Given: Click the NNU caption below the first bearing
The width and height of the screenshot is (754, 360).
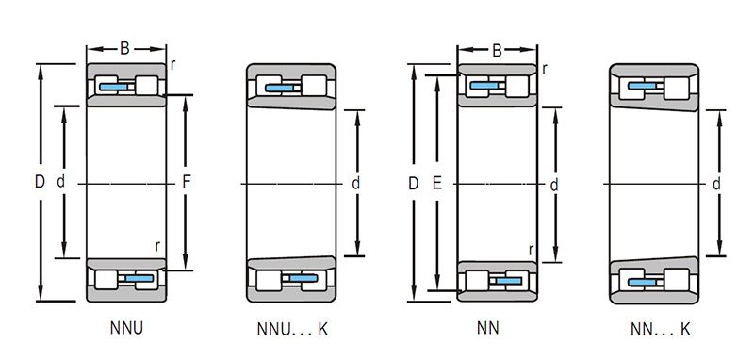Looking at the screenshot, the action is click(126, 328).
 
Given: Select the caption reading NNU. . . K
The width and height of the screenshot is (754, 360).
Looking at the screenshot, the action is click(292, 329).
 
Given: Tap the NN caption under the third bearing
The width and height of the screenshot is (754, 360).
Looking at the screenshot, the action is click(488, 328).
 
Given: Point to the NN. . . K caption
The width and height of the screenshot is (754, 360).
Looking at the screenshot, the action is click(661, 329).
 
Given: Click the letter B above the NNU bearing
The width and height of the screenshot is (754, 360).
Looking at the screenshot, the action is click(124, 48).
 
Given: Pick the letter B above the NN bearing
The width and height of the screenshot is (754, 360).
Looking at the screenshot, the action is click(498, 50).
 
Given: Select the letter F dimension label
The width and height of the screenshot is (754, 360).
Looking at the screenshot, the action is click(187, 182).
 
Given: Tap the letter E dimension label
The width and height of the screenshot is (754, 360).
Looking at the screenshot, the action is click(436, 183).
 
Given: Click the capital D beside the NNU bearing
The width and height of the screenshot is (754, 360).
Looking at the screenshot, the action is click(40, 182).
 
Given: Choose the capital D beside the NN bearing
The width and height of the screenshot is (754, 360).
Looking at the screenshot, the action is click(413, 183).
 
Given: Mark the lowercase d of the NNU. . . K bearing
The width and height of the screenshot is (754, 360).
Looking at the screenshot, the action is click(356, 183).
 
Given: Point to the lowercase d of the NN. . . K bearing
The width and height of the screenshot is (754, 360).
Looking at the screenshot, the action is click(716, 183).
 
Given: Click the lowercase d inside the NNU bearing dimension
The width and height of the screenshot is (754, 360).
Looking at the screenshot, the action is click(60, 181).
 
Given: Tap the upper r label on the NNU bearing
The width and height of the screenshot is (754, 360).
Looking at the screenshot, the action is click(172, 65).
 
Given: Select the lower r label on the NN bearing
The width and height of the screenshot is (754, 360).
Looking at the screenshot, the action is click(531, 250).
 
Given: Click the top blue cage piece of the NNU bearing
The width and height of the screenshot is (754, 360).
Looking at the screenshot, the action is click(114, 87).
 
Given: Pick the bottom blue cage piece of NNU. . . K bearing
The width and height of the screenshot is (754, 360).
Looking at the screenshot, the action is click(303, 278).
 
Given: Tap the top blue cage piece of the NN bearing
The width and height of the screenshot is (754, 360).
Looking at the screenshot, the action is click(484, 86).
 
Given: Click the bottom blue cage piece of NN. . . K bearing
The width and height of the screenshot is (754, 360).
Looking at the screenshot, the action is click(642, 282).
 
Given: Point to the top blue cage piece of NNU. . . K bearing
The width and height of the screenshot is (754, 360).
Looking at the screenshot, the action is click(279, 88).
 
